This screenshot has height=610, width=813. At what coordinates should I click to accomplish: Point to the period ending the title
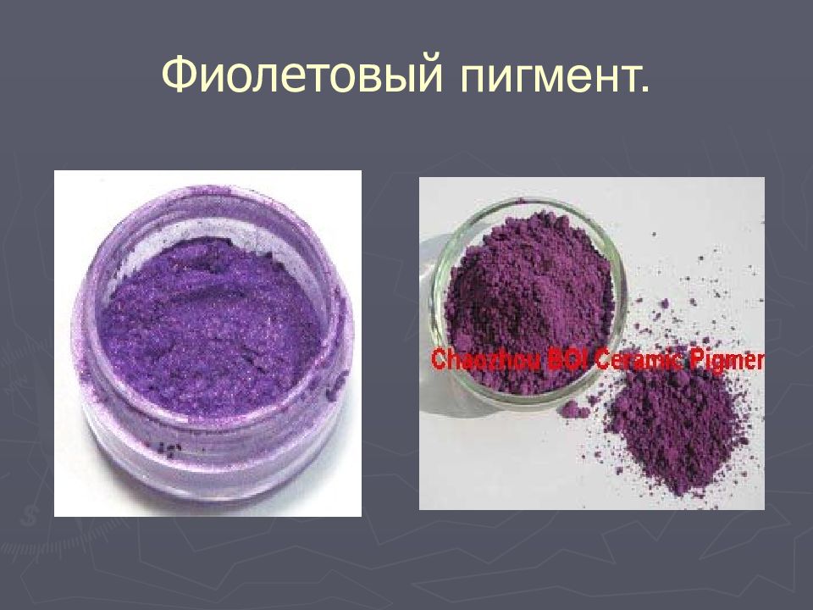[646, 88]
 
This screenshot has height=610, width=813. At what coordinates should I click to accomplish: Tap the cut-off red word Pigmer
[727, 361]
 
